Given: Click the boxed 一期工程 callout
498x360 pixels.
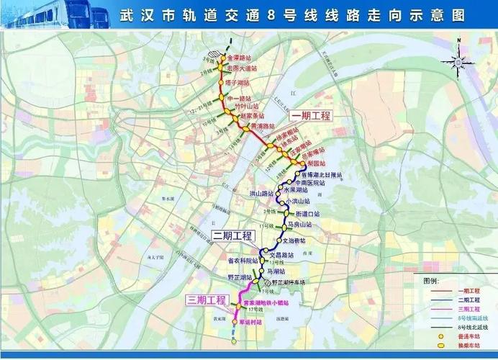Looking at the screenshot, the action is (x=310, y=116).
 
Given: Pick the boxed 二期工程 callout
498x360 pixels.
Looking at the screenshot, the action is (x=232, y=236).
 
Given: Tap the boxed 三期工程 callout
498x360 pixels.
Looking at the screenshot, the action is (x=206, y=300).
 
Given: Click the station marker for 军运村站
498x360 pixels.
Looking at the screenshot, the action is (x=234, y=322).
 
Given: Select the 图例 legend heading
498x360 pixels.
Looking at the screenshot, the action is (x=430, y=279).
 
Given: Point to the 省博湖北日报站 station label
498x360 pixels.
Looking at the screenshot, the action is (x=320, y=175).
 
